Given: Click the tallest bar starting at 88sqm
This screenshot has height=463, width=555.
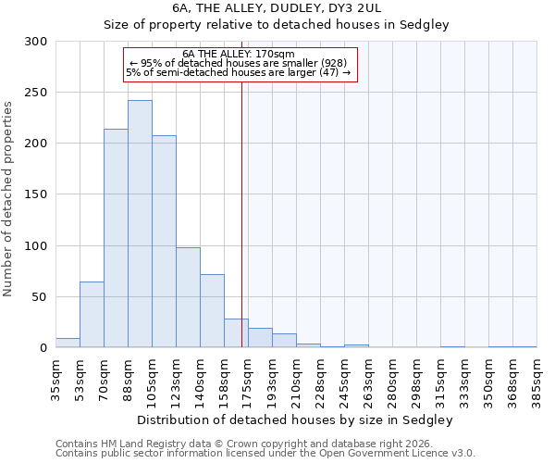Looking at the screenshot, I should coord(140,224).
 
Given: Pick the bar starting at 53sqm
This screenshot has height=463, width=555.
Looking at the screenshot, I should coord(92,315).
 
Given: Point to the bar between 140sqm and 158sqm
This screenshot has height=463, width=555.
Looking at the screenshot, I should coord(212,311).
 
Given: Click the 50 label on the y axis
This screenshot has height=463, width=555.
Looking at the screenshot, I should coord(39,297).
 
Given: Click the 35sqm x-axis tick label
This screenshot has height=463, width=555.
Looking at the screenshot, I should coord(55,378).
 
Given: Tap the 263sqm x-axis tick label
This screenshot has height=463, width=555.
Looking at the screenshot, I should coord(368,378).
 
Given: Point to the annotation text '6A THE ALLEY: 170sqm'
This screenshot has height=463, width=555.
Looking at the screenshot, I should coord(239,54).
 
